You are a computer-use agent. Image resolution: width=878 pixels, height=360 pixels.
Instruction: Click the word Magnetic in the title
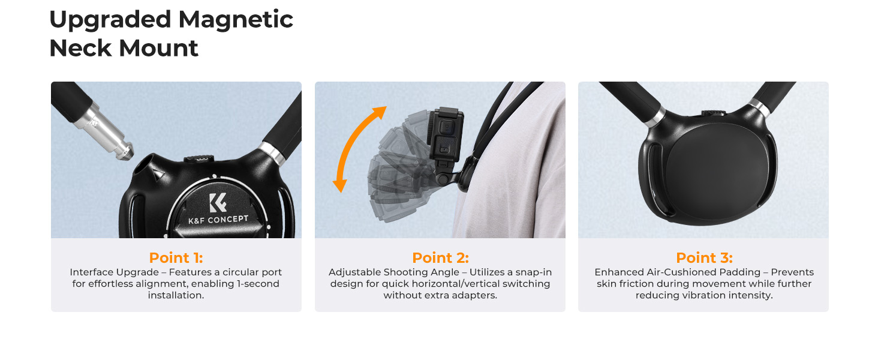pyautogui.click(x=236, y=20)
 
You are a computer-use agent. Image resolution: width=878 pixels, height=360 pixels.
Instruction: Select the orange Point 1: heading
pyautogui.click(x=176, y=258)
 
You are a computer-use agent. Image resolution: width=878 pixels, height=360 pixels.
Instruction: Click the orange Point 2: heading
pyautogui.click(x=440, y=258)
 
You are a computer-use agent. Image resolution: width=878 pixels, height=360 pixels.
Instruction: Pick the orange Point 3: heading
pyautogui.click(x=704, y=258)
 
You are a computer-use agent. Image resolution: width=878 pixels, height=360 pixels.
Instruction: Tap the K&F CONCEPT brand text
pyautogui.click(x=218, y=220)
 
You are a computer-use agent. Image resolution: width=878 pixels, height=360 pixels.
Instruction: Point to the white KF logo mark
pyautogui.click(x=217, y=202)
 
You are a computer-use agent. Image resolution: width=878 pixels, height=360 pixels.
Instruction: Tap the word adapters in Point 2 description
pyautogui.click(x=476, y=295)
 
